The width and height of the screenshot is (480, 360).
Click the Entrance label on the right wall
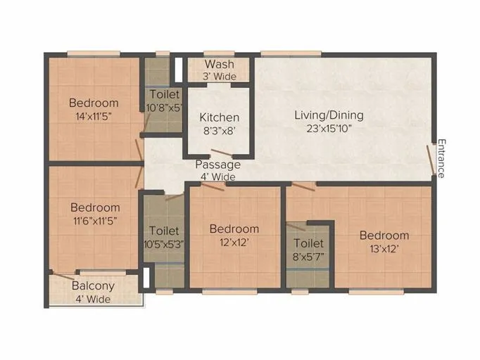(441, 158)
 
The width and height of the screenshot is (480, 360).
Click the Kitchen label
(219, 117)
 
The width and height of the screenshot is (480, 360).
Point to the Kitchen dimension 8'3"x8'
(219, 130)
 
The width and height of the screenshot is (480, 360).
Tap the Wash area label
(219, 63)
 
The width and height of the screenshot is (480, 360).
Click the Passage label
(217, 165)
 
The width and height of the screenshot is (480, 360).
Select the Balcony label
(93, 286)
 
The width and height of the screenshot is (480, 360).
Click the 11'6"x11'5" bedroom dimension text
(95, 220)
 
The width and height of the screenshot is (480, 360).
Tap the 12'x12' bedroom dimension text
(234, 241)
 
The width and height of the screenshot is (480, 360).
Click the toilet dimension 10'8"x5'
(163, 108)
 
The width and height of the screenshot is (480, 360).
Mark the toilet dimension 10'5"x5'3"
(163, 244)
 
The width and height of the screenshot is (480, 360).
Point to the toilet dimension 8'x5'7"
(309, 256)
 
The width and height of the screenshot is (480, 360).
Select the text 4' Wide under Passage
(217, 177)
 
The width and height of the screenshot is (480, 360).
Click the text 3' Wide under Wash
(219, 76)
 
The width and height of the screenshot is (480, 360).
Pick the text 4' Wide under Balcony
(93, 299)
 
